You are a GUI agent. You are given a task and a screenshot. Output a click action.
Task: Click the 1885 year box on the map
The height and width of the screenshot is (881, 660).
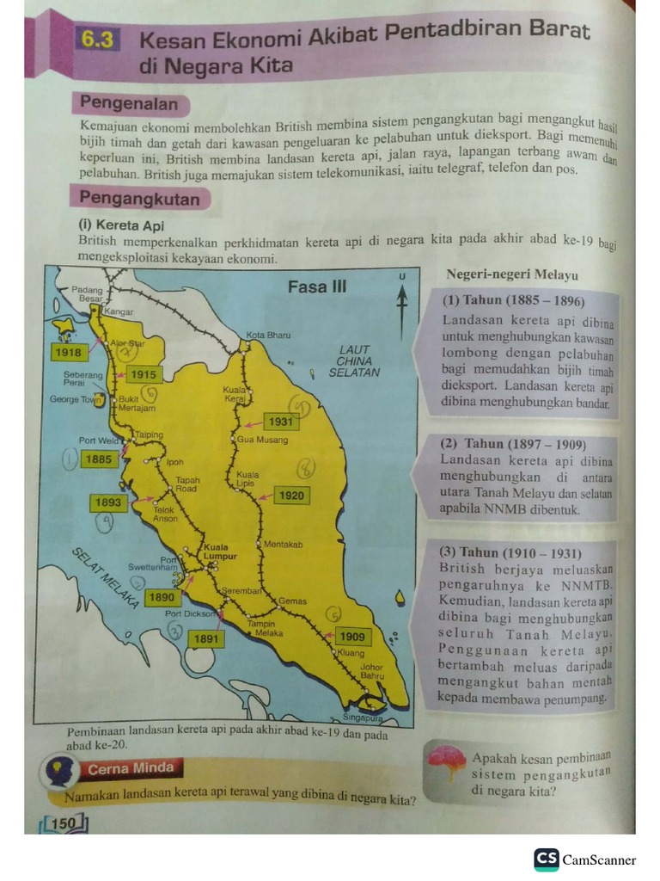[99, 459]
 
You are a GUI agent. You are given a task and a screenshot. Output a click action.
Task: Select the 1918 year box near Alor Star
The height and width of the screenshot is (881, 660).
[67, 353]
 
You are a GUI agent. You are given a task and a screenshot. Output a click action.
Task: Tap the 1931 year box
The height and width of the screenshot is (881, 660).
[280, 422]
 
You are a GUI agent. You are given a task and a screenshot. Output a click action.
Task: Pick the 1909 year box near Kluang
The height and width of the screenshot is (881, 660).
[352, 637]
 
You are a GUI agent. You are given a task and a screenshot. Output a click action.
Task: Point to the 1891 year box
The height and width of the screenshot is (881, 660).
[206, 639]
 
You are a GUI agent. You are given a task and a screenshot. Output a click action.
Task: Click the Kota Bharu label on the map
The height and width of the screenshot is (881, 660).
[268, 335]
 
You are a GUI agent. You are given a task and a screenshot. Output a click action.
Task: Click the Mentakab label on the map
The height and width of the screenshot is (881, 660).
[284, 544]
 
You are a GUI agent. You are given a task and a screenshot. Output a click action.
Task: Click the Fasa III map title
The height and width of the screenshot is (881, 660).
[317, 286]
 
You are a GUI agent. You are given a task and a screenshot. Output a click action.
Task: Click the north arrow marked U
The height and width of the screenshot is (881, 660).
[401, 297]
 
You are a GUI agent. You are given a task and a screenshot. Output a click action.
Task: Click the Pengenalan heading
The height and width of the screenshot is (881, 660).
[129, 104]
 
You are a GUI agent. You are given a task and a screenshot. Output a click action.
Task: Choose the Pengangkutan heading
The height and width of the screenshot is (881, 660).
[139, 199]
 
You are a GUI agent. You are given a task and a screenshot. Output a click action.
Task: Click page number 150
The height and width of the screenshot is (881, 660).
[64, 823]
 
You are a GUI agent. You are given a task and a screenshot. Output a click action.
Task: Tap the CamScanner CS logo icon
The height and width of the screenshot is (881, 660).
[546, 859]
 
